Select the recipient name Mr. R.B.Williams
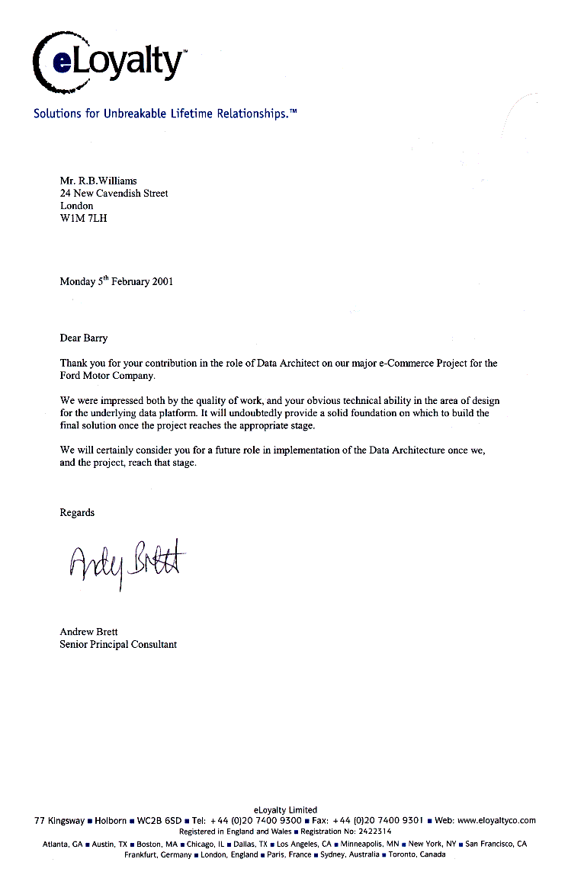point(99,181)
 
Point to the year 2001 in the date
point(162,281)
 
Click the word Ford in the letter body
point(71,376)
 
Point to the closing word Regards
point(77,513)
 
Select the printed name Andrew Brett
point(88,632)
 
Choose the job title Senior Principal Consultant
point(118,644)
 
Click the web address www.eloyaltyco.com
point(496,820)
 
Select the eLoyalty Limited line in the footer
point(284,809)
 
